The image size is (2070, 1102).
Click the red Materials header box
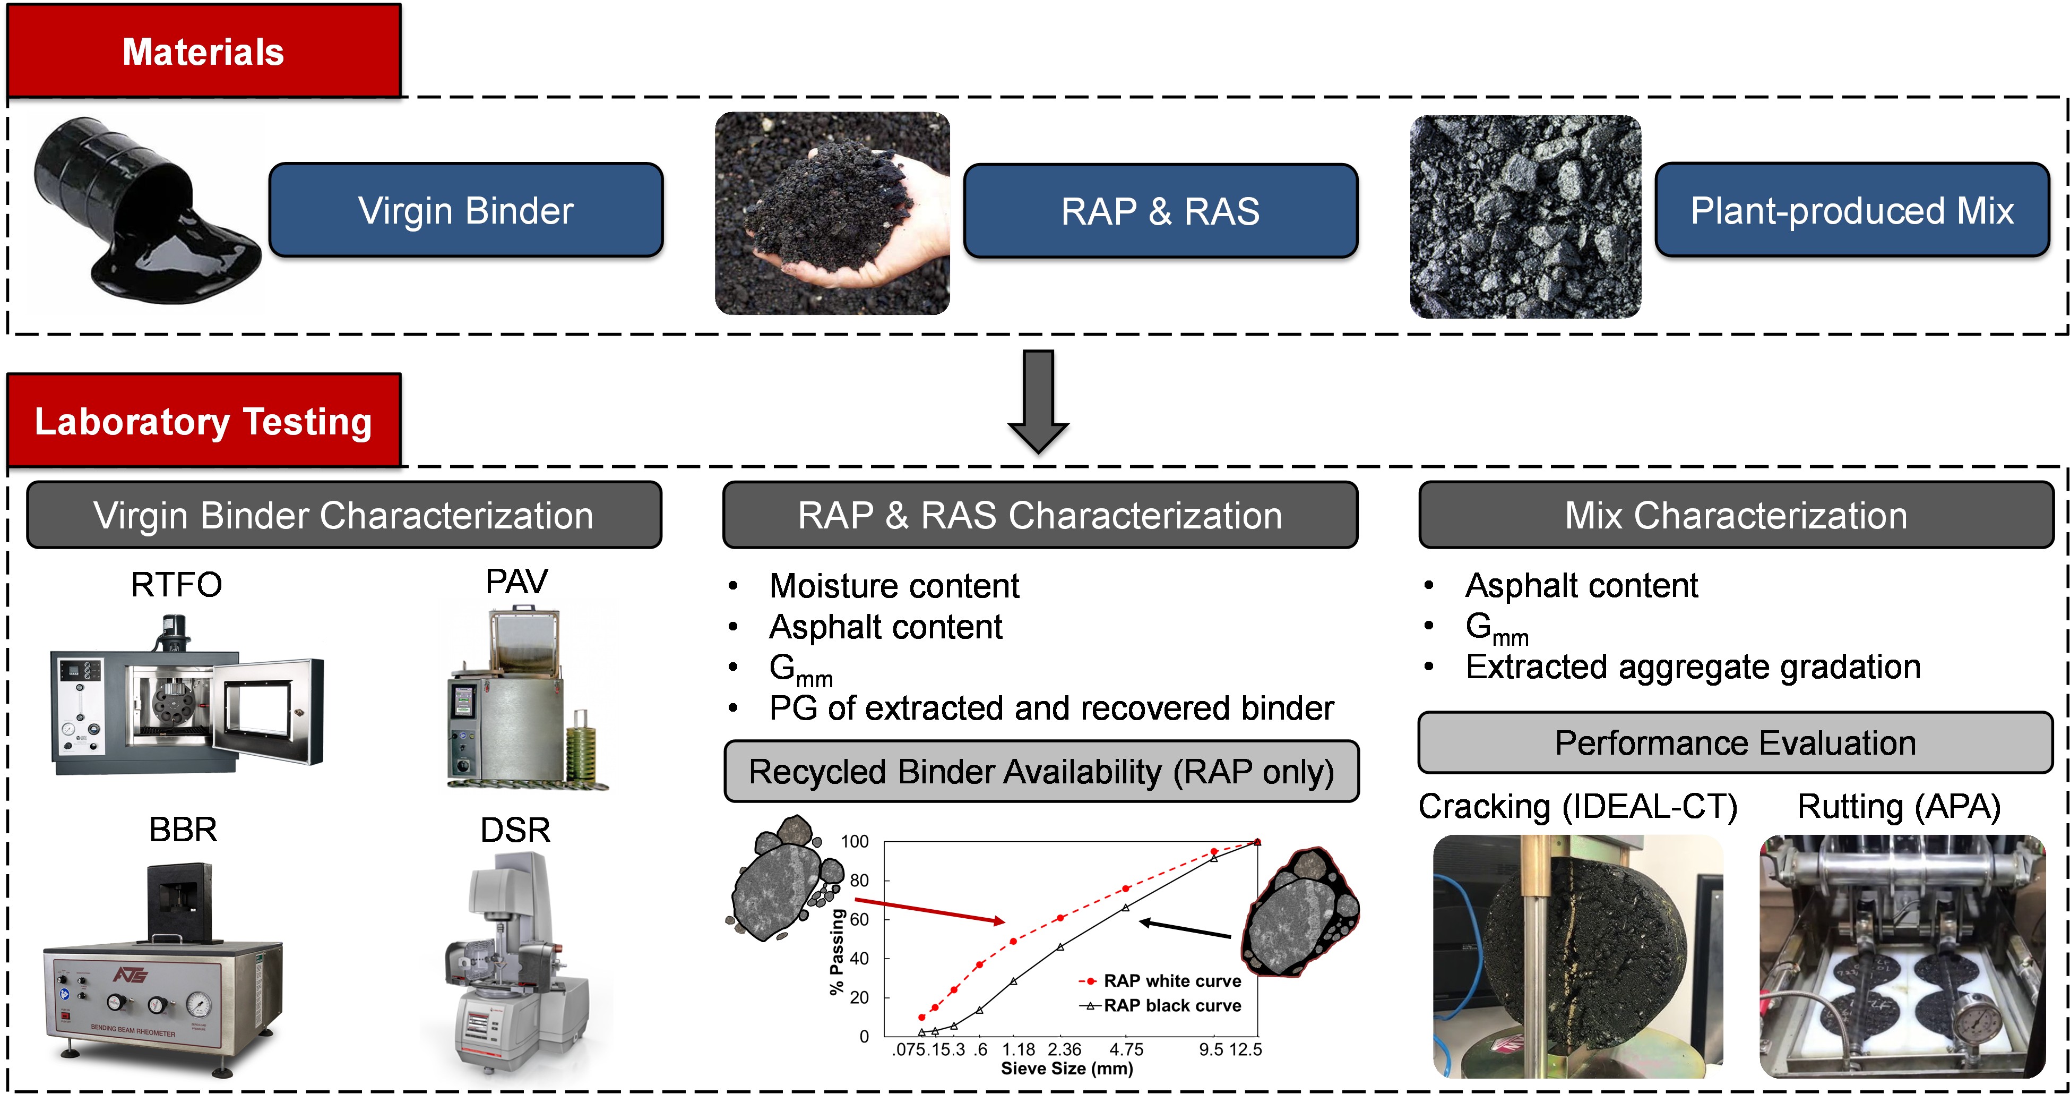point(203,52)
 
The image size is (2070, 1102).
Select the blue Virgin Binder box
point(466,211)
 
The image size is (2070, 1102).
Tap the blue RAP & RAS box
point(1160,211)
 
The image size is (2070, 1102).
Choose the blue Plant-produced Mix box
point(1852,211)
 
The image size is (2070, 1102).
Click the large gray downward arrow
point(1038,402)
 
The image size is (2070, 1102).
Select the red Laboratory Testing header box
point(203,421)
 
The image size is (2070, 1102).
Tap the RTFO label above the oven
point(176,584)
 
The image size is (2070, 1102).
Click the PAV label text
point(516,581)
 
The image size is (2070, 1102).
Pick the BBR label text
point(183,830)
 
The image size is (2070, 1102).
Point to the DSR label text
point(515,830)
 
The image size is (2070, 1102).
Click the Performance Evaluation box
point(1735,742)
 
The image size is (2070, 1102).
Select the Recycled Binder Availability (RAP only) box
point(1041,772)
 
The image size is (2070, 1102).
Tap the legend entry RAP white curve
point(1171,980)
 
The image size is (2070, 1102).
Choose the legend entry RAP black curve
point(1171,1005)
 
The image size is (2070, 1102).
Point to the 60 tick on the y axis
point(859,919)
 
